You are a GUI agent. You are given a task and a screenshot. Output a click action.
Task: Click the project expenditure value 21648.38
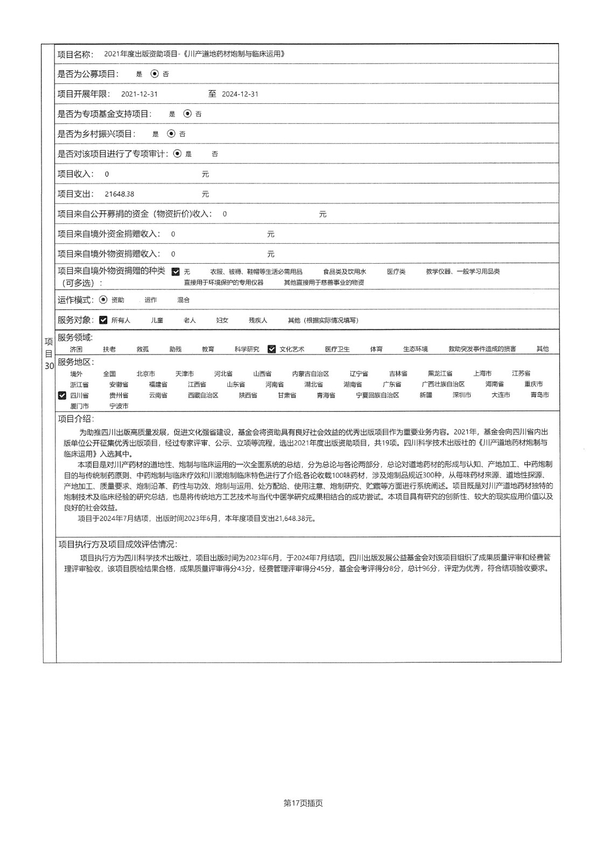(x=120, y=194)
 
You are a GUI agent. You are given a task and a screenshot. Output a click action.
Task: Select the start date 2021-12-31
(x=139, y=94)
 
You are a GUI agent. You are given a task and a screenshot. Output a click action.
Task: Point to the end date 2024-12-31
(x=240, y=94)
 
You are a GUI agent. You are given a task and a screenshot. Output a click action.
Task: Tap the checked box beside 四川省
(x=62, y=396)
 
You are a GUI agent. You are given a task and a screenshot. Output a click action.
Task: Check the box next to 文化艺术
(x=272, y=349)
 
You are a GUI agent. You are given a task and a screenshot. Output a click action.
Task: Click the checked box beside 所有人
(x=103, y=320)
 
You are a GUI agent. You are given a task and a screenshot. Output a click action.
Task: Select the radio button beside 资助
(x=103, y=300)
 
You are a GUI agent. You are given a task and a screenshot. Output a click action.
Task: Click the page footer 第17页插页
(x=303, y=803)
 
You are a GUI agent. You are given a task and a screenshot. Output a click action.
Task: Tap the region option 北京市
(x=145, y=373)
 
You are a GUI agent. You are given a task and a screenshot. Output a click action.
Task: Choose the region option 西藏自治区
(x=203, y=395)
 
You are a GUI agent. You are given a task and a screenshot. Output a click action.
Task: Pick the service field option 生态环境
(x=415, y=349)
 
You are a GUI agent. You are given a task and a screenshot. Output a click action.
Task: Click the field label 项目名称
(x=75, y=54)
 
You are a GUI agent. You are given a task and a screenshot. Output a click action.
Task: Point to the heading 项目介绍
(x=75, y=419)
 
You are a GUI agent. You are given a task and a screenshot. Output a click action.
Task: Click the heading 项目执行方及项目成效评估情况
(x=117, y=545)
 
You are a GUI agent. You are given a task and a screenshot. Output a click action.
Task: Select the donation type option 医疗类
(x=396, y=272)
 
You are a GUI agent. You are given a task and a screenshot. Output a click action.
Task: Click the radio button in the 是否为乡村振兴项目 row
(x=171, y=133)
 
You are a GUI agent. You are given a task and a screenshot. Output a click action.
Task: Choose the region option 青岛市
(x=540, y=395)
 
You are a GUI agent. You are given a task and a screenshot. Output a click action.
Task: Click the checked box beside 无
(x=176, y=272)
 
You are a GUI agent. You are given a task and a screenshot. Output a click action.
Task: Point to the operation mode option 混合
(x=183, y=300)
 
